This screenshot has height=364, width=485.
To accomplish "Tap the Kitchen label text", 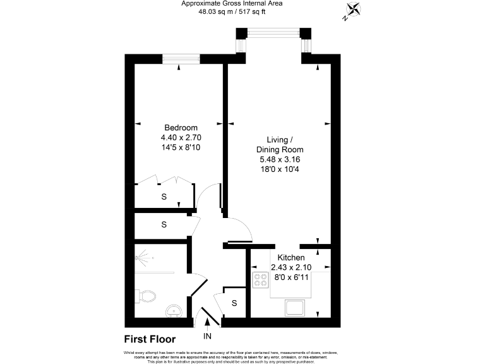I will click(x=291, y=258).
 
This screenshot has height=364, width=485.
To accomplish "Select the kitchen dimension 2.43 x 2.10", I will click(x=291, y=268).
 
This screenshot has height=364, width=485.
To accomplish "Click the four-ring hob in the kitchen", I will click(x=260, y=280).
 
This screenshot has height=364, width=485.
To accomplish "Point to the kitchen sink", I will click(x=295, y=308).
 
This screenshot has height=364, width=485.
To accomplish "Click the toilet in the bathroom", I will click(x=147, y=295).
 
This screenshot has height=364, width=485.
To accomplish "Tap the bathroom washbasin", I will click(x=174, y=310).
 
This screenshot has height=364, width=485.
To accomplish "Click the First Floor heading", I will click(x=150, y=339).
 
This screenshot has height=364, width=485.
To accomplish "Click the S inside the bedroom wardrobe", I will click(x=164, y=197).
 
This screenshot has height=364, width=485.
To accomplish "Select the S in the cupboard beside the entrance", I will click(x=234, y=303).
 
